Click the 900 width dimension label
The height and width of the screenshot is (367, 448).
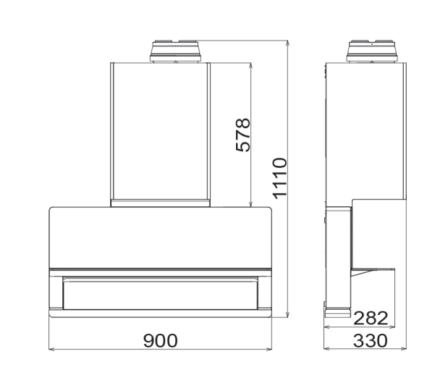pos(160,340)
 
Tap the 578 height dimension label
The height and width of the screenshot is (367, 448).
pos(243,135)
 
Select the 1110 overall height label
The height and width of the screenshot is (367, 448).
pos(279,178)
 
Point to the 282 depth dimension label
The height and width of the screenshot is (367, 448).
pos(371,318)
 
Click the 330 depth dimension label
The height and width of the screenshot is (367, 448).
pos(371,340)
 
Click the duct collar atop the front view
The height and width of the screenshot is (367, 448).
pos(175,51)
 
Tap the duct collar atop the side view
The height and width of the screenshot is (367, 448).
pos(371,51)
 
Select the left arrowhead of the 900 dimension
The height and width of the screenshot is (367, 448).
pos(51,349)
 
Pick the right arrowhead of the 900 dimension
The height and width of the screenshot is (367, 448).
pos(269,349)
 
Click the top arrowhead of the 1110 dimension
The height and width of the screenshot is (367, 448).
pos(288,43)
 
